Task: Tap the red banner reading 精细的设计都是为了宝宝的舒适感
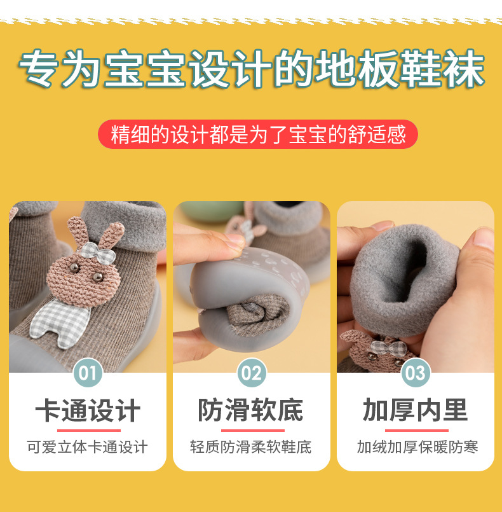click(x=257, y=134)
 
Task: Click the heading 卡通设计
click(x=88, y=411)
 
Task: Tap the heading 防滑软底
click(x=251, y=411)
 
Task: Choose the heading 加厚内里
click(x=415, y=411)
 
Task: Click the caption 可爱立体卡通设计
click(x=88, y=447)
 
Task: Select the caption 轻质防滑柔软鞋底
click(x=251, y=447)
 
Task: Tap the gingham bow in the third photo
click(x=387, y=348)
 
